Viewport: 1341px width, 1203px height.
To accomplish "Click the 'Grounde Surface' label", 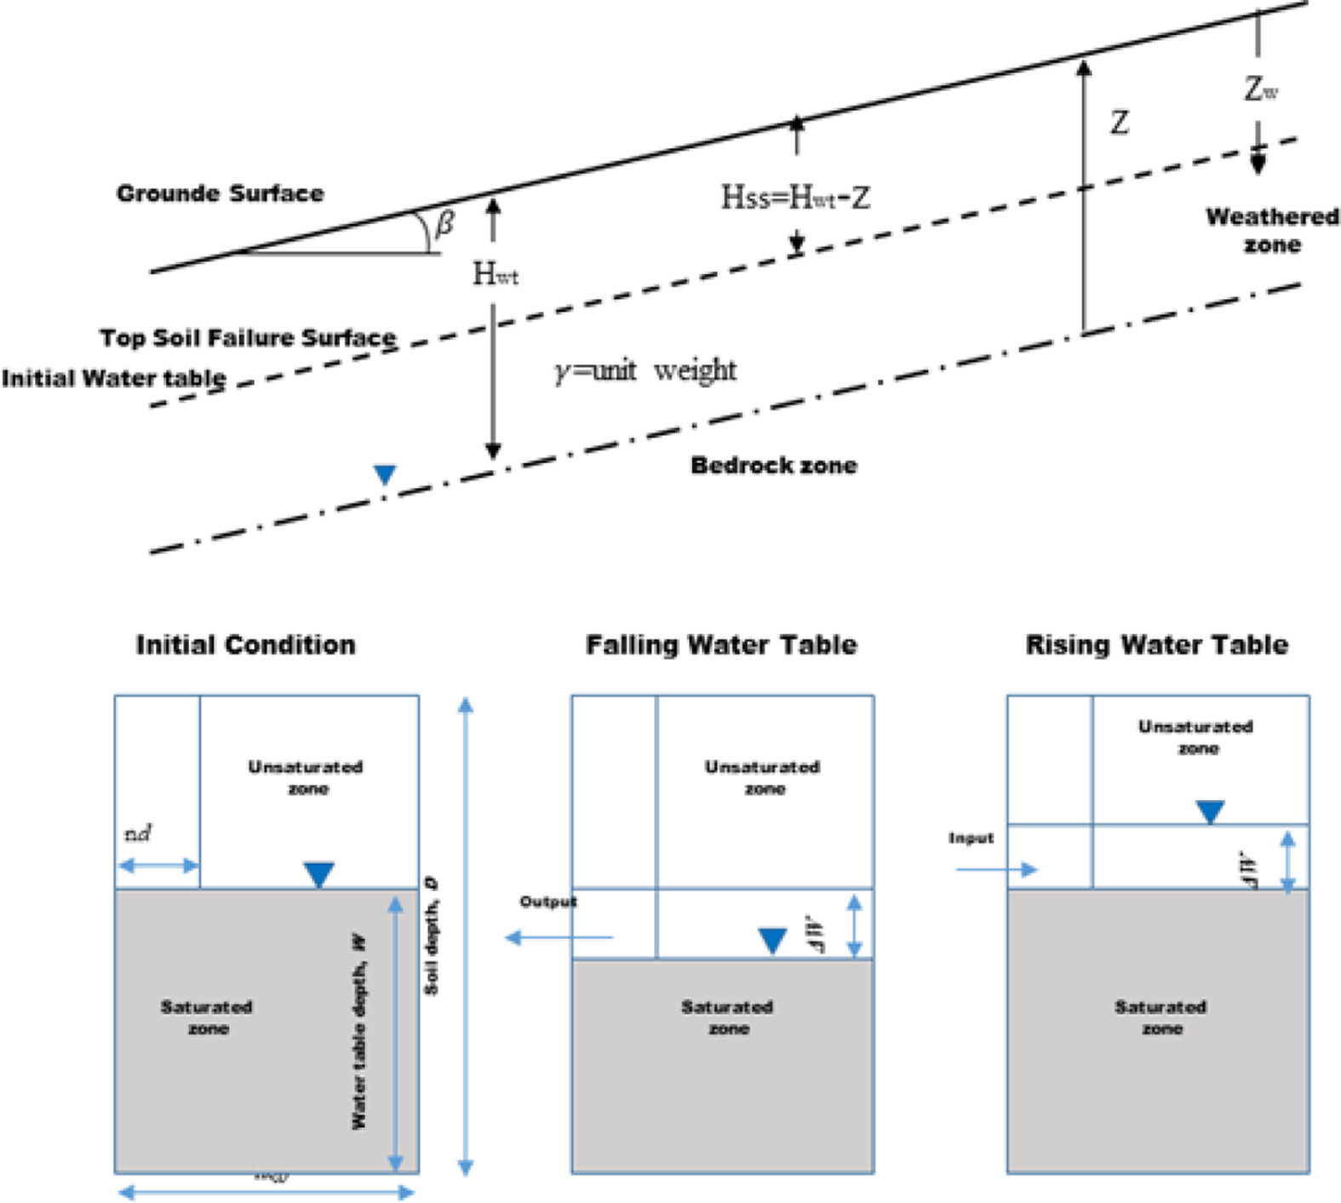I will [220, 193].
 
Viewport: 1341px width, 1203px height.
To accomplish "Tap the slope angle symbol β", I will [444, 224].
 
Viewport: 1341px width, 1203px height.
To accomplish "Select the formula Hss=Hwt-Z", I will [795, 198].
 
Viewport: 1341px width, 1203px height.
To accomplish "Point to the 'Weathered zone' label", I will [1272, 231].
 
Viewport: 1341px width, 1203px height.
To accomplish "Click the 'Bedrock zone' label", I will [773, 465].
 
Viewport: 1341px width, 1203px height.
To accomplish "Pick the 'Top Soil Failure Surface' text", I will [248, 338].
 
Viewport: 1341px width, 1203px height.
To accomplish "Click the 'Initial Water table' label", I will [114, 378].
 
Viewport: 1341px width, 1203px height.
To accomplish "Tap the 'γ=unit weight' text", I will [645, 370].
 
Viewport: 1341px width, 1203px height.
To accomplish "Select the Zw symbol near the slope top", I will [1260, 89].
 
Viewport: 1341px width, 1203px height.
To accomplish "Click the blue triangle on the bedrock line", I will [385, 474].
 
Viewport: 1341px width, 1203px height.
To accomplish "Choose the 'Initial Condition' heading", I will [246, 644].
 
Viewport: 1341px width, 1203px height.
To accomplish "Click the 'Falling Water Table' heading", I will [721, 644].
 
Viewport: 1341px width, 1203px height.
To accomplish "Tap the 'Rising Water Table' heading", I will [1156, 644].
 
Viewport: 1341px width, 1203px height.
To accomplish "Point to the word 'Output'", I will [548, 902].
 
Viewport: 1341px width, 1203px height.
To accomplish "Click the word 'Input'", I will [971, 839].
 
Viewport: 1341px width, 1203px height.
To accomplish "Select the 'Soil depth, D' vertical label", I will [432, 937].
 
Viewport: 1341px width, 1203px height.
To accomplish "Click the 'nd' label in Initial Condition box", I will [138, 834].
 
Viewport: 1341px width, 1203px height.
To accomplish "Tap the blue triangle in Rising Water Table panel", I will [1210, 811].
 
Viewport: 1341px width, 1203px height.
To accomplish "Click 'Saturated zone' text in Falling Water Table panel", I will [727, 1017].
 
